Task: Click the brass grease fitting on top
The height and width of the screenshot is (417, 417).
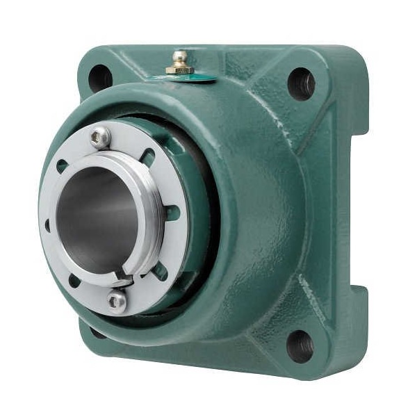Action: click(x=180, y=62)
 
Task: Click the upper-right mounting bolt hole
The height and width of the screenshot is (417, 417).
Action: click(x=302, y=83)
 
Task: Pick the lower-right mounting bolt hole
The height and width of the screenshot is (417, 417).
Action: click(x=300, y=345)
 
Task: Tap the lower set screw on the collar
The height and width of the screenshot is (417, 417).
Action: click(x=117, y=301)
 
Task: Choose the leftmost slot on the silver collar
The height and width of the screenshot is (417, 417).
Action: click(x=47, y=224)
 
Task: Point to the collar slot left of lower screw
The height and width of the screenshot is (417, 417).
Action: click(x=73, y=280)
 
